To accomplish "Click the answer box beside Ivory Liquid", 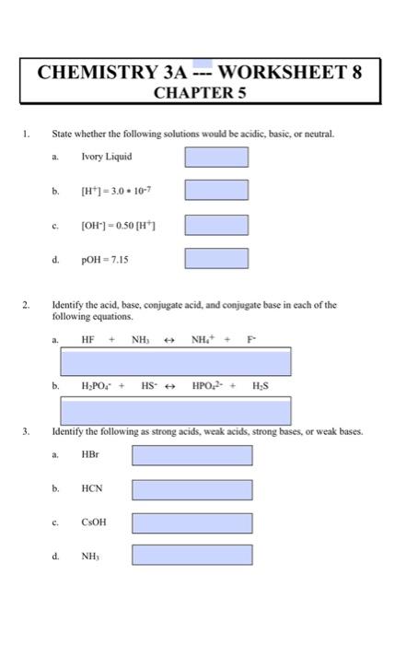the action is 216,157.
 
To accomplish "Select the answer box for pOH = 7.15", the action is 216,259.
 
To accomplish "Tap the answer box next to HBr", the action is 191,454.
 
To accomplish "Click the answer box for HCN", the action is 191,488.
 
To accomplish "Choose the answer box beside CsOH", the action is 191,522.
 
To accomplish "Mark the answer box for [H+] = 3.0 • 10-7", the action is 216,191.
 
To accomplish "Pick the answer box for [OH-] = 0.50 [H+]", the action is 216,225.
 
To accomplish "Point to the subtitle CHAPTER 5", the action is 197,94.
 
